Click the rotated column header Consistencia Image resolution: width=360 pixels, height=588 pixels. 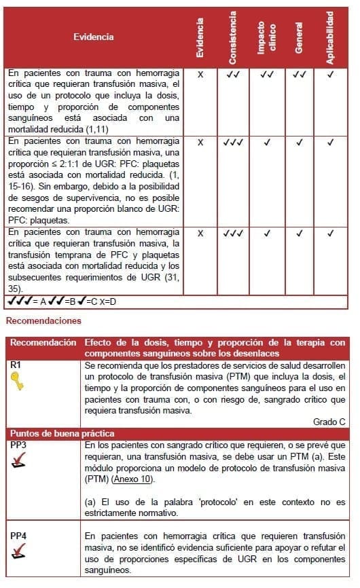[x=233, y=37]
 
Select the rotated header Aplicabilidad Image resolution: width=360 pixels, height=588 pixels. [x=330, y=37]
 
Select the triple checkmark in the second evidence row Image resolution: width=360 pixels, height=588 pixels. [x=233, y=143]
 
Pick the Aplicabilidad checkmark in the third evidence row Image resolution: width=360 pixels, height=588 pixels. [x=330, y=234]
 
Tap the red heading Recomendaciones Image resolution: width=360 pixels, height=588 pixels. [x=43, y=320]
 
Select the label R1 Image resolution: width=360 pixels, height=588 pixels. [x=16, y=365]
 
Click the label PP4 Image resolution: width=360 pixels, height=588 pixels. [x=18, y=536]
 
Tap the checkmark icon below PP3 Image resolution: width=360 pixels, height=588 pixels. [x=20, y=463]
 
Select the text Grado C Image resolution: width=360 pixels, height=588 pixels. [x=329, y=422]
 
